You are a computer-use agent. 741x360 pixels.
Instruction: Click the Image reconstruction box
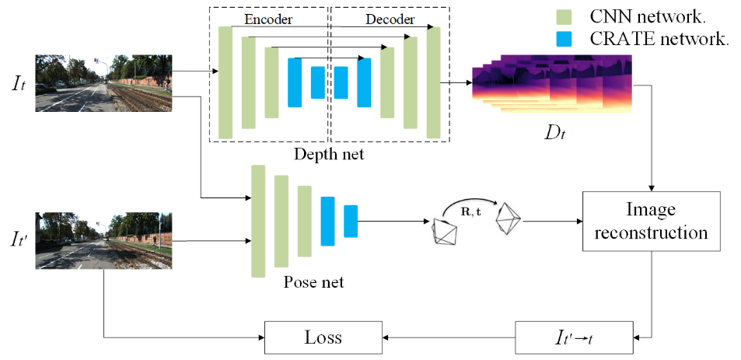pyautogui.click(x=651, y=222)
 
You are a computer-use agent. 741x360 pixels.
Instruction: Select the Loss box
pyautogui.click(x=323, y=337)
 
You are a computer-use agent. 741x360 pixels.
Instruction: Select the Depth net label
pyautogui.click(x=329, y=155)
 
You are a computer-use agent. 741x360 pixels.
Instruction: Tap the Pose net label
pyautogui.click(x=314, y=282)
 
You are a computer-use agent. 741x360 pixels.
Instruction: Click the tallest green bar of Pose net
pyautogui.click(x=258, y=221)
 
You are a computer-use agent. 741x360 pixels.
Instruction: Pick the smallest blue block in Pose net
pyautogui.click(x=351, y=221)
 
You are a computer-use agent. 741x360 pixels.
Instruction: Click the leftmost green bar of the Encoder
pyautogui.click(x=225, y=82)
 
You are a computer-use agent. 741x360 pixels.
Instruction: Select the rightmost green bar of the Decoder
pyautogui.click(x=434, y=82)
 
